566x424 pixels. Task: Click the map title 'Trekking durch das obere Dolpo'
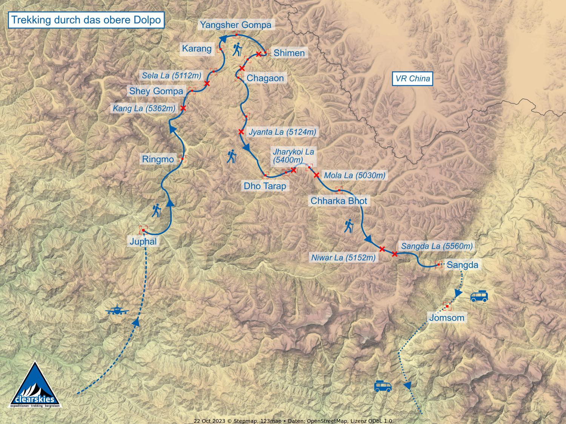click(86, 20)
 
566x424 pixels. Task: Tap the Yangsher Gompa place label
click(235, 25)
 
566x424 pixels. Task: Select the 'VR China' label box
click(412, 79)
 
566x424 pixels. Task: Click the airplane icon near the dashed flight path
click(117, 310)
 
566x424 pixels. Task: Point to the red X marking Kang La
click(183, 108)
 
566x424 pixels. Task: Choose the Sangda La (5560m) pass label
click(437, 246)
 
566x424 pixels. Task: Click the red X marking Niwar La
click(382, 249)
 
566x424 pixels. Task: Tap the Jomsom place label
click(446, 318)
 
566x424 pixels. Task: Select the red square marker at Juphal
click(143, 230)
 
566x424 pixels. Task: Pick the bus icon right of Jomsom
click(479, 296)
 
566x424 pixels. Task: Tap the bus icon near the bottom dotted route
click(383, 386)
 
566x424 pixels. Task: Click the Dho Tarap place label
click(265, 186)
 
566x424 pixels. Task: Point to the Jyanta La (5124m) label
click(282, 132)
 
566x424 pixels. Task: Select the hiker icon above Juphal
click(156, 211)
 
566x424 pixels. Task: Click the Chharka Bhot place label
click(338, 201)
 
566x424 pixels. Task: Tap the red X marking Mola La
click(317, 175)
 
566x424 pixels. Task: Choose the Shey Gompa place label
click(156, 91)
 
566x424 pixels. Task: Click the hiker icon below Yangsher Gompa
click(237, 50)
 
